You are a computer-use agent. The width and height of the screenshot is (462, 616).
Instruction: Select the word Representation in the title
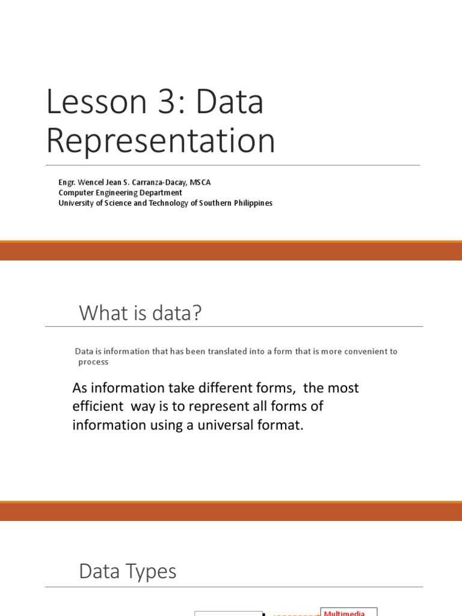coord(161,141)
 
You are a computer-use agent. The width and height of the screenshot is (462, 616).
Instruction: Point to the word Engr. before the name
coord(67,182)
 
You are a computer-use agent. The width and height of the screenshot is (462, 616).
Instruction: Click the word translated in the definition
coord(210,351)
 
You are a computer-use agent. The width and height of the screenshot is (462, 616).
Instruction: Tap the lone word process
coord(93,362)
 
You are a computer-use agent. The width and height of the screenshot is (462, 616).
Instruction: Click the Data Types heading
coord(128,571)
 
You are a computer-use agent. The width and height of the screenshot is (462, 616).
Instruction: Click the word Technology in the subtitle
coord(157,203)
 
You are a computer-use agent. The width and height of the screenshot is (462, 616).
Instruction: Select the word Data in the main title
coord(231,102)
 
